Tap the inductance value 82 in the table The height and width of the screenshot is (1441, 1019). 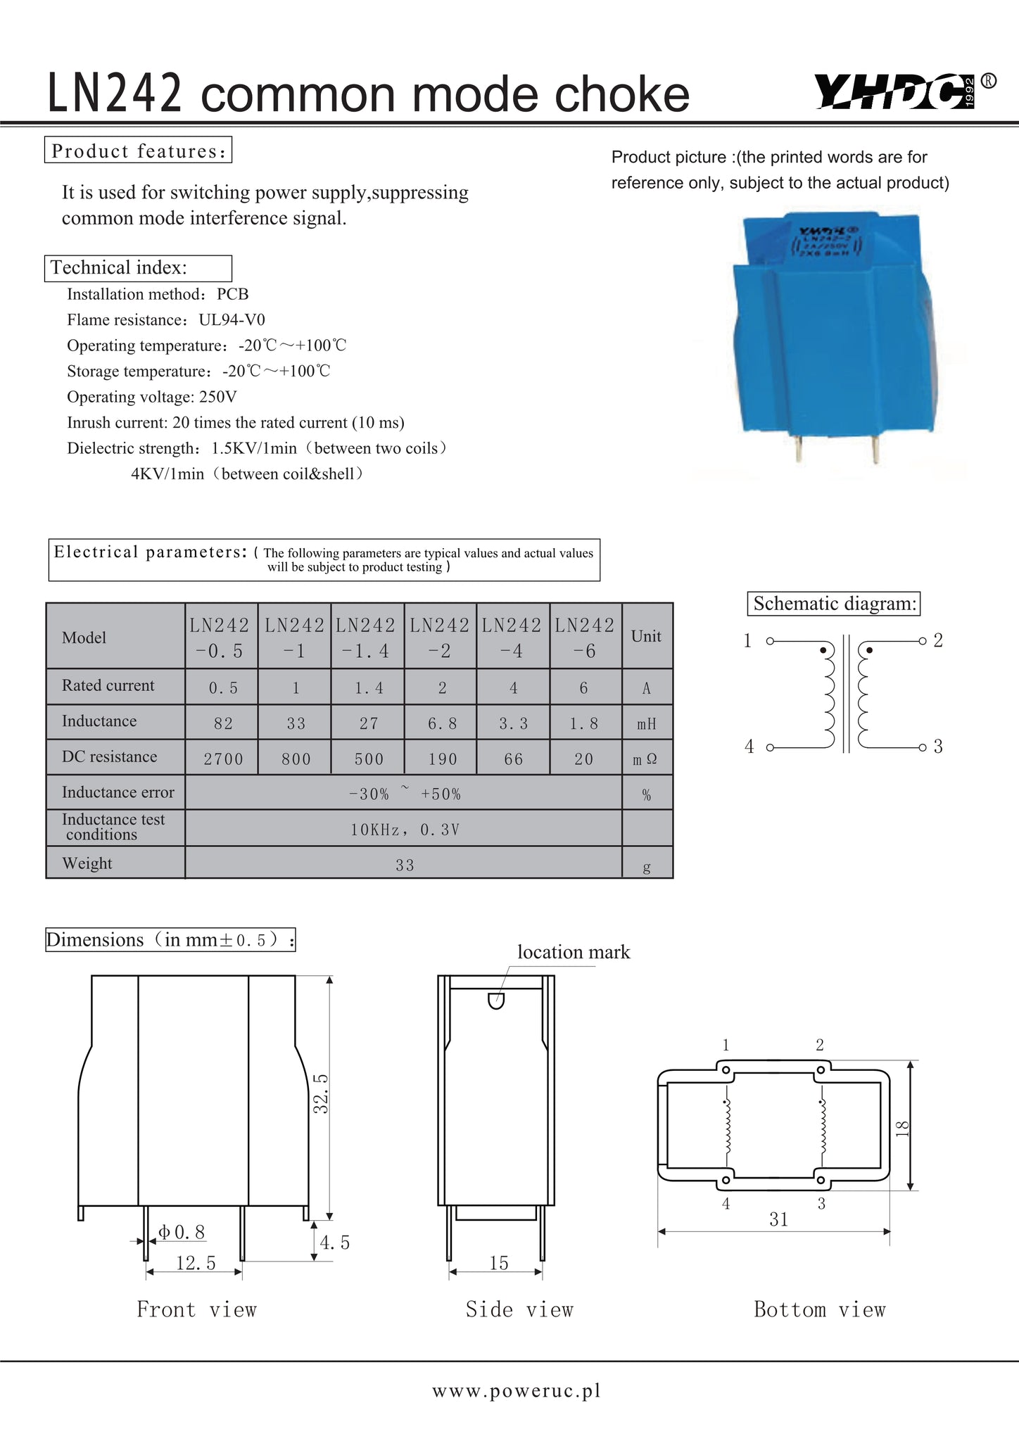pyautogui.click(x=223, y=723)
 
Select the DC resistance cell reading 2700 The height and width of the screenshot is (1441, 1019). pyautogui.click(x=223, y=759)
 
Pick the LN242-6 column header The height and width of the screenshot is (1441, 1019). pyautogui.click(x=584, y=637)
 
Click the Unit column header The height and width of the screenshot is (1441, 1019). pyautogui.click(x=646, y=636)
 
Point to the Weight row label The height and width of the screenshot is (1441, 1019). pyautogui.click(x=87, y=863)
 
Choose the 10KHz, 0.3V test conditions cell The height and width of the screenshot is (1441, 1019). pyautogui.click(x=405, y=830)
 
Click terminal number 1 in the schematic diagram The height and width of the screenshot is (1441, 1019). pyautogui.click(x=748, y=640)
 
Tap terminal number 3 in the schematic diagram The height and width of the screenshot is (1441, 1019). pyautogui.click(x=938, y=747)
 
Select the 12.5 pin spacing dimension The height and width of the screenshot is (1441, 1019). pyautogui.click(x=195, y=1263)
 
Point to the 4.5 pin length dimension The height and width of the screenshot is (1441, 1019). pyautogui.click(x=335, y=1243)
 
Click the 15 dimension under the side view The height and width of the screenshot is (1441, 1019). pyautogui.click(x=498, y=1263)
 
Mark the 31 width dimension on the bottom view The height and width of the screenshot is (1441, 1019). pyautogui.click(x=778, y=1219)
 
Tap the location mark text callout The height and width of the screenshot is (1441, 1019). pyautogui.click(x=574, y=952)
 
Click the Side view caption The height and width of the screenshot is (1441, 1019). pyautogui.click(x=519, y=1309)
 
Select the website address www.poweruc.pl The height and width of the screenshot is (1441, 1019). pyautogui.click(x=517, y=1391)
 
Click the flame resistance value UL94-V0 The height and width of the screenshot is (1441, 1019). pyautogui.click(x=232, y=320)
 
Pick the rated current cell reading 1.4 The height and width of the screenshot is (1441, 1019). pyautogui.click(x=369, y=688)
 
